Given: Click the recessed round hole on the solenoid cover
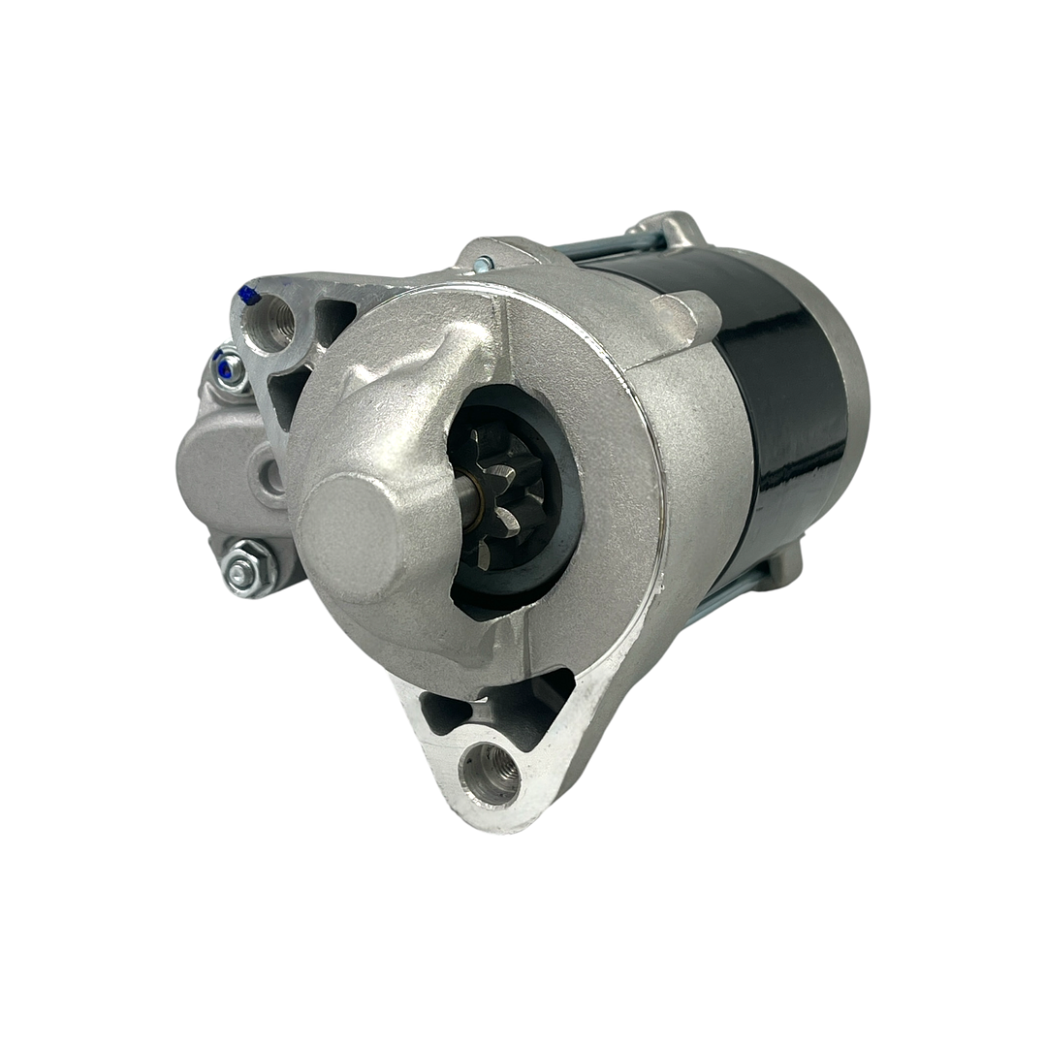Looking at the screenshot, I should (x=270, y=475).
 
